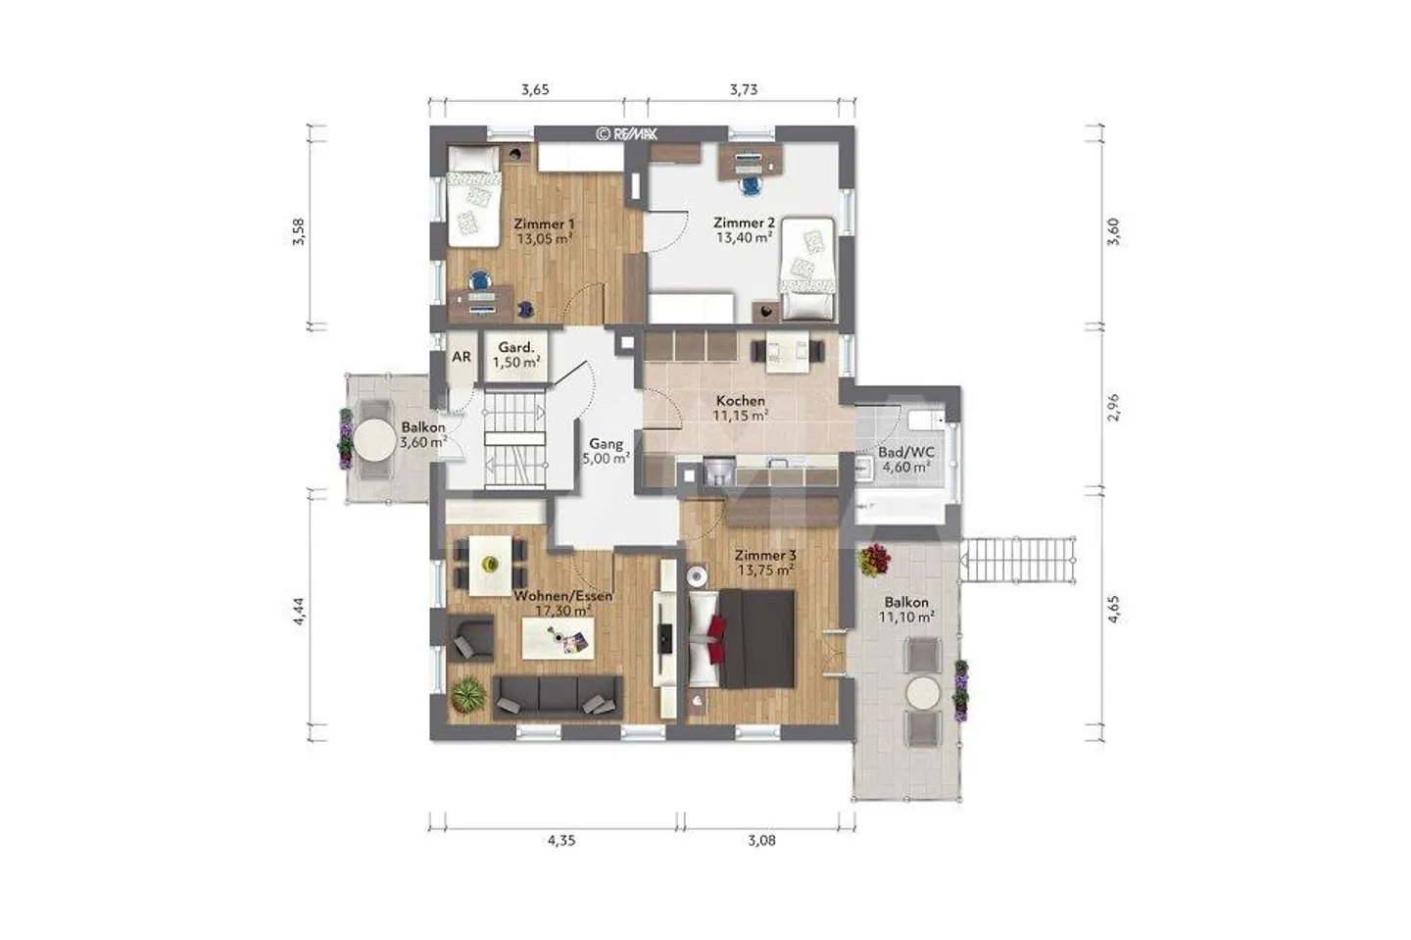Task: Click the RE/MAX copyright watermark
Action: click(627, 133)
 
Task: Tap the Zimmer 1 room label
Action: click(544, 223)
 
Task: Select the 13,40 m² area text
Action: click(744, 238)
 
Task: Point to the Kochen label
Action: click(741, 401)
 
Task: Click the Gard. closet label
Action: click(515, 347)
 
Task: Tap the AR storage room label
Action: click(462, 357)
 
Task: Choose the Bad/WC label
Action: click(906, 453)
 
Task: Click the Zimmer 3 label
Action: click(765, 556)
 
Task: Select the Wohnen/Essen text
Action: click(563, 596)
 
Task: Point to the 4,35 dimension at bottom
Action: click(561, 840)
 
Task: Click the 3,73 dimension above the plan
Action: click(744, 89)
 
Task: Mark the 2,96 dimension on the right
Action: click(1114, 408)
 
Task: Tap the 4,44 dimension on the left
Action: click(299, 611)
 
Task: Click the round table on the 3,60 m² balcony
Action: click(374, 440)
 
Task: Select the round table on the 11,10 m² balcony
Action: click(923, 693)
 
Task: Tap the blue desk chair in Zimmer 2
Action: click(750, 185)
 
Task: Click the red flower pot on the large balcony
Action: click(874, 560)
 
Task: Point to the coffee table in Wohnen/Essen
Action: click(559, 638)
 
